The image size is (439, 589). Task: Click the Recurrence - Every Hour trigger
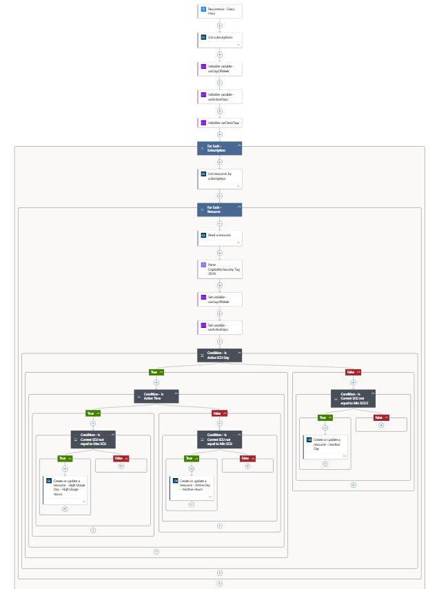point(219,10)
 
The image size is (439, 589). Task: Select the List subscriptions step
point(219,39)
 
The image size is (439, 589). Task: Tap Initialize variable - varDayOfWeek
point(219,68)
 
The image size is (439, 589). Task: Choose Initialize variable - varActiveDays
point(219,96)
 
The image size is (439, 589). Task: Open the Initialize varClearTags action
point(219,123)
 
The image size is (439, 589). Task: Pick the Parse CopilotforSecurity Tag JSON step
point(219,268)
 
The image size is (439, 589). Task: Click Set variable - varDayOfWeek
point(219,299)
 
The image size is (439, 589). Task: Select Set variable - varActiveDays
point(219,327)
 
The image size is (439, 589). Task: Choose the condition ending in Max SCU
point(93,439)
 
